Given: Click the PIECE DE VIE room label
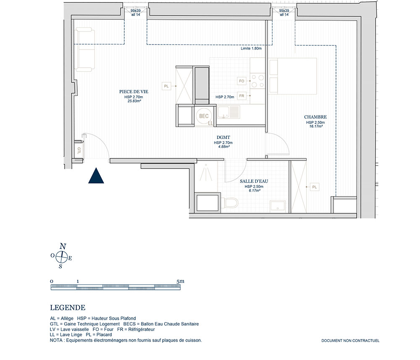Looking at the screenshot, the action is [134, 92].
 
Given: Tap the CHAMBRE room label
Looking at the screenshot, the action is [315, 117].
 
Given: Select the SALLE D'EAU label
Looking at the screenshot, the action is [254, 181].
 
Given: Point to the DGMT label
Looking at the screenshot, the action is [223, 137].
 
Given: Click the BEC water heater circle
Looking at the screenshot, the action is [204, 116].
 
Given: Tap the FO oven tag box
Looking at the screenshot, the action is [241, 81].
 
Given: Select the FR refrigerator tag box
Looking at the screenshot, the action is [241, 96].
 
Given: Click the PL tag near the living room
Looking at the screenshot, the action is [166, 86].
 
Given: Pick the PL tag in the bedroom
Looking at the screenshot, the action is [315, 187].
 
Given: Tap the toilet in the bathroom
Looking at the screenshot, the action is [231, 203].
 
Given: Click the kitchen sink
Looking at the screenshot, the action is [228, 112].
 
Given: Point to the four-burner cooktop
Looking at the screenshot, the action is [258, 81].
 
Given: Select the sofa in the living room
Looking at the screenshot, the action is [85, 50].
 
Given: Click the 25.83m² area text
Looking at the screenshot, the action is [134, 101].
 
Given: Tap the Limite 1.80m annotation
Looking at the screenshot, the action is [251, 48].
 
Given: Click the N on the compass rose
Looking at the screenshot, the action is [63, 246].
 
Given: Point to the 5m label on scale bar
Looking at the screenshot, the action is [180, 281].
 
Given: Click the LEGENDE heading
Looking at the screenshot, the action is [68, 307].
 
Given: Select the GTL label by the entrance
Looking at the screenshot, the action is [79, 150].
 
